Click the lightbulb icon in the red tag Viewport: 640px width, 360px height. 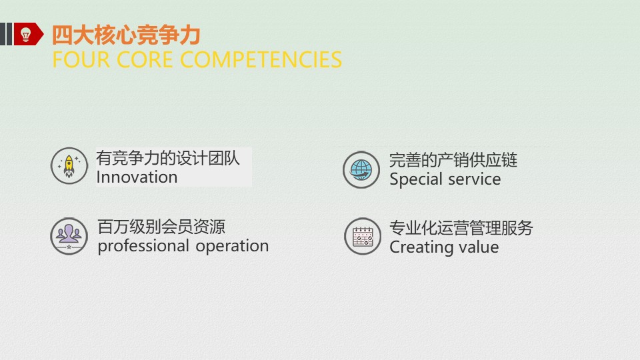pos(26,35)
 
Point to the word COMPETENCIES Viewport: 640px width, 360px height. pos(261,59)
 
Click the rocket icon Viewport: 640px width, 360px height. pos(69,165)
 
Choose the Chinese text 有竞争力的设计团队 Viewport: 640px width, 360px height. pos(168,159)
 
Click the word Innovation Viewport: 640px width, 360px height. pos(137,177)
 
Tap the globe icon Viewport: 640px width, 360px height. pos(361,169)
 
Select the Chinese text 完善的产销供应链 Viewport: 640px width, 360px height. pos(453,160)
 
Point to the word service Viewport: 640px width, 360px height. pos(474,179)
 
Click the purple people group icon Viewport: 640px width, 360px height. pos(69,236)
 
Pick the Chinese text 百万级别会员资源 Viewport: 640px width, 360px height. pos(161,227)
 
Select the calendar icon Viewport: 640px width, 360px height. pos(362,237)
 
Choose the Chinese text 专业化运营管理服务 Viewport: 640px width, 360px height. pos(461,228)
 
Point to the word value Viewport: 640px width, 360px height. pos(478,247)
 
